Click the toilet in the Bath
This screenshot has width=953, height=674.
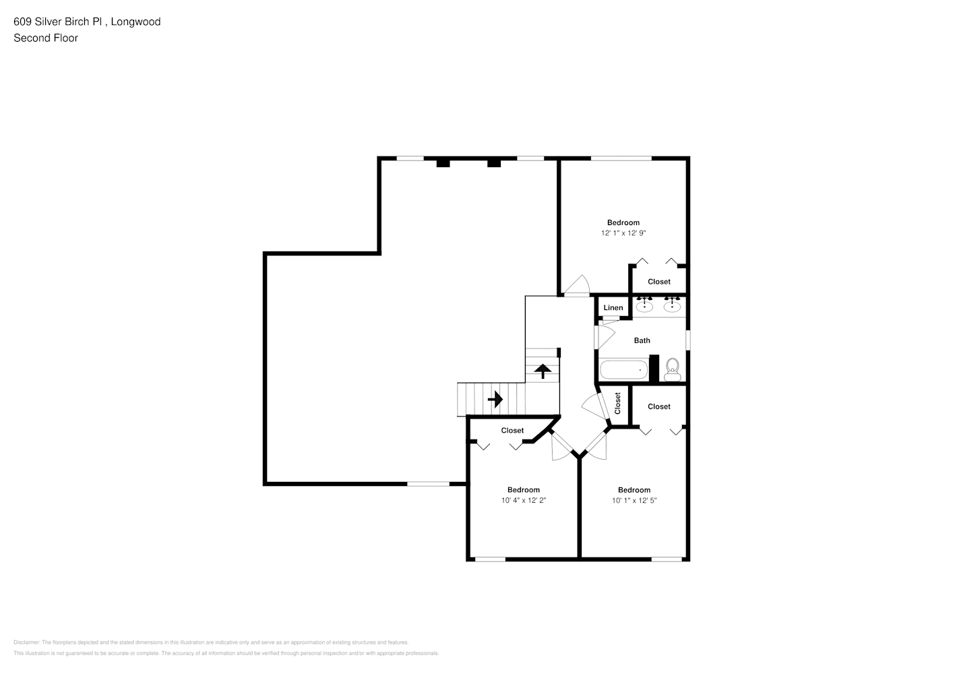tap(672, 368)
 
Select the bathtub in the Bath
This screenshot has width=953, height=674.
tap(623, 370)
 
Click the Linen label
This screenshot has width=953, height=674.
tap(613, 308)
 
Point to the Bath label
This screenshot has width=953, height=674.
tap(642, 340)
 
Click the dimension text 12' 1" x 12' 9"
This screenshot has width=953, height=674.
tap(623, 233)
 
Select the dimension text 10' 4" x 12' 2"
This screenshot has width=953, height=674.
tap(523, 501)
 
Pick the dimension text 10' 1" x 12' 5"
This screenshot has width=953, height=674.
tap(634, 501)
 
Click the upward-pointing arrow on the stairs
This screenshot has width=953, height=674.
tap(543, 371)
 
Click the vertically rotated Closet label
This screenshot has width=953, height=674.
tap(617, 403)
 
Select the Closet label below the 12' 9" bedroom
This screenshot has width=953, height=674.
tap(658, 282)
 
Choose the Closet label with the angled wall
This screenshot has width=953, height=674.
tap(512, 431)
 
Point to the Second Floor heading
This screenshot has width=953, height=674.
tap(46, 38)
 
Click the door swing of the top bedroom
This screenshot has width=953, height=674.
tap(578, 286)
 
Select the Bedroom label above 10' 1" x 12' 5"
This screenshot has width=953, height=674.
tap(634, 490)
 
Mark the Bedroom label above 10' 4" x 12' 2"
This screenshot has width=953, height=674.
tap(523, 490)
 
